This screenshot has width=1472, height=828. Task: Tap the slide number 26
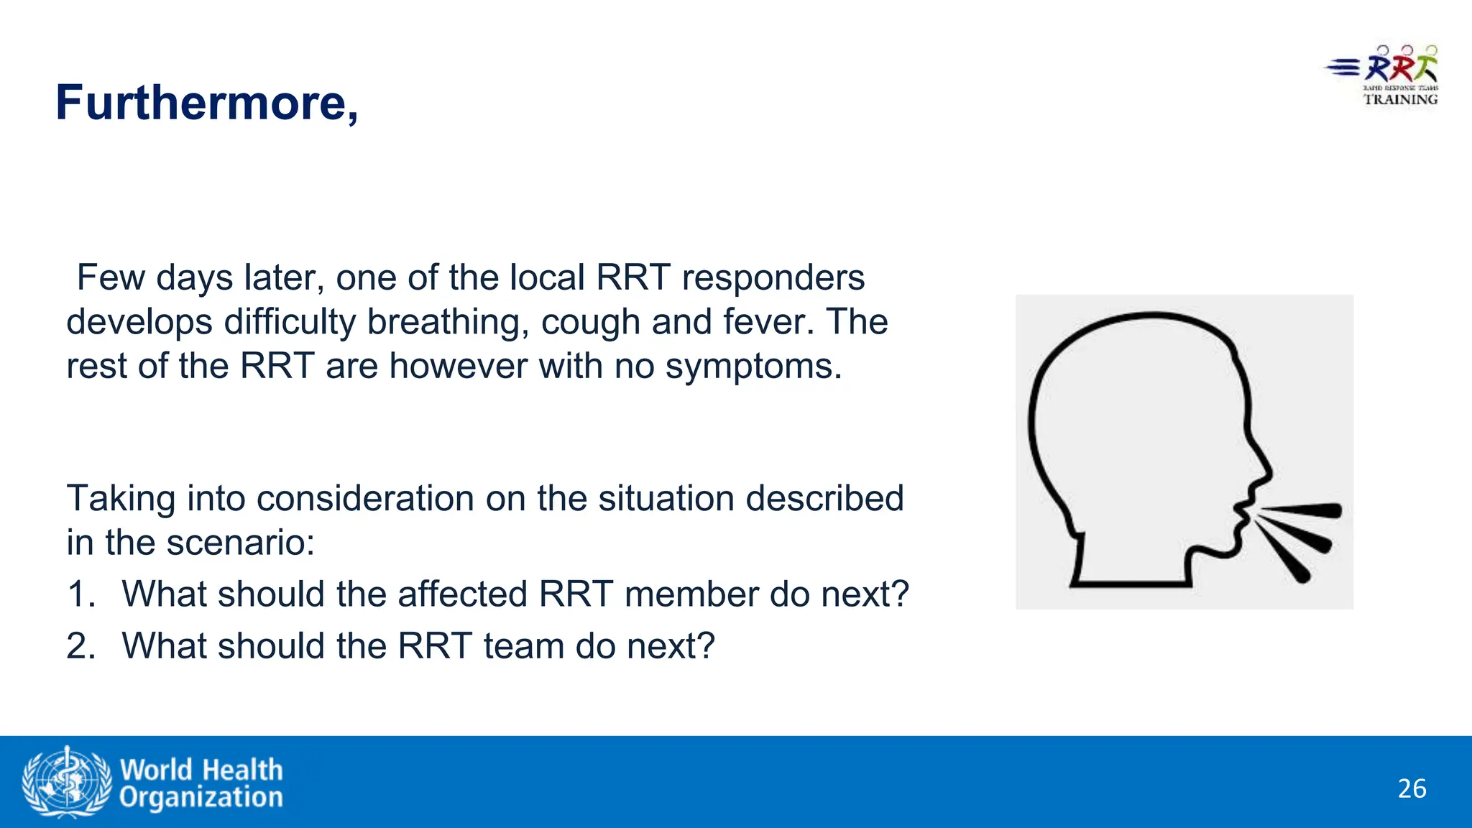tap(1412, 788)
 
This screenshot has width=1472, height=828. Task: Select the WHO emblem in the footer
tap(66, 781)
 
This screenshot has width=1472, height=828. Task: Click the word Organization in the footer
tap(201, 797)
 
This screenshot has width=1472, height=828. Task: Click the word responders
tap(773, 278)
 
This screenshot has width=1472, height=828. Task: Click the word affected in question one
tap(462, 594)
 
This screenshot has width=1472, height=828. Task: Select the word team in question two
tap(523, 646)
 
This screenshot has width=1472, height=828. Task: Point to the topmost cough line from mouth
tap(1301, 510)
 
